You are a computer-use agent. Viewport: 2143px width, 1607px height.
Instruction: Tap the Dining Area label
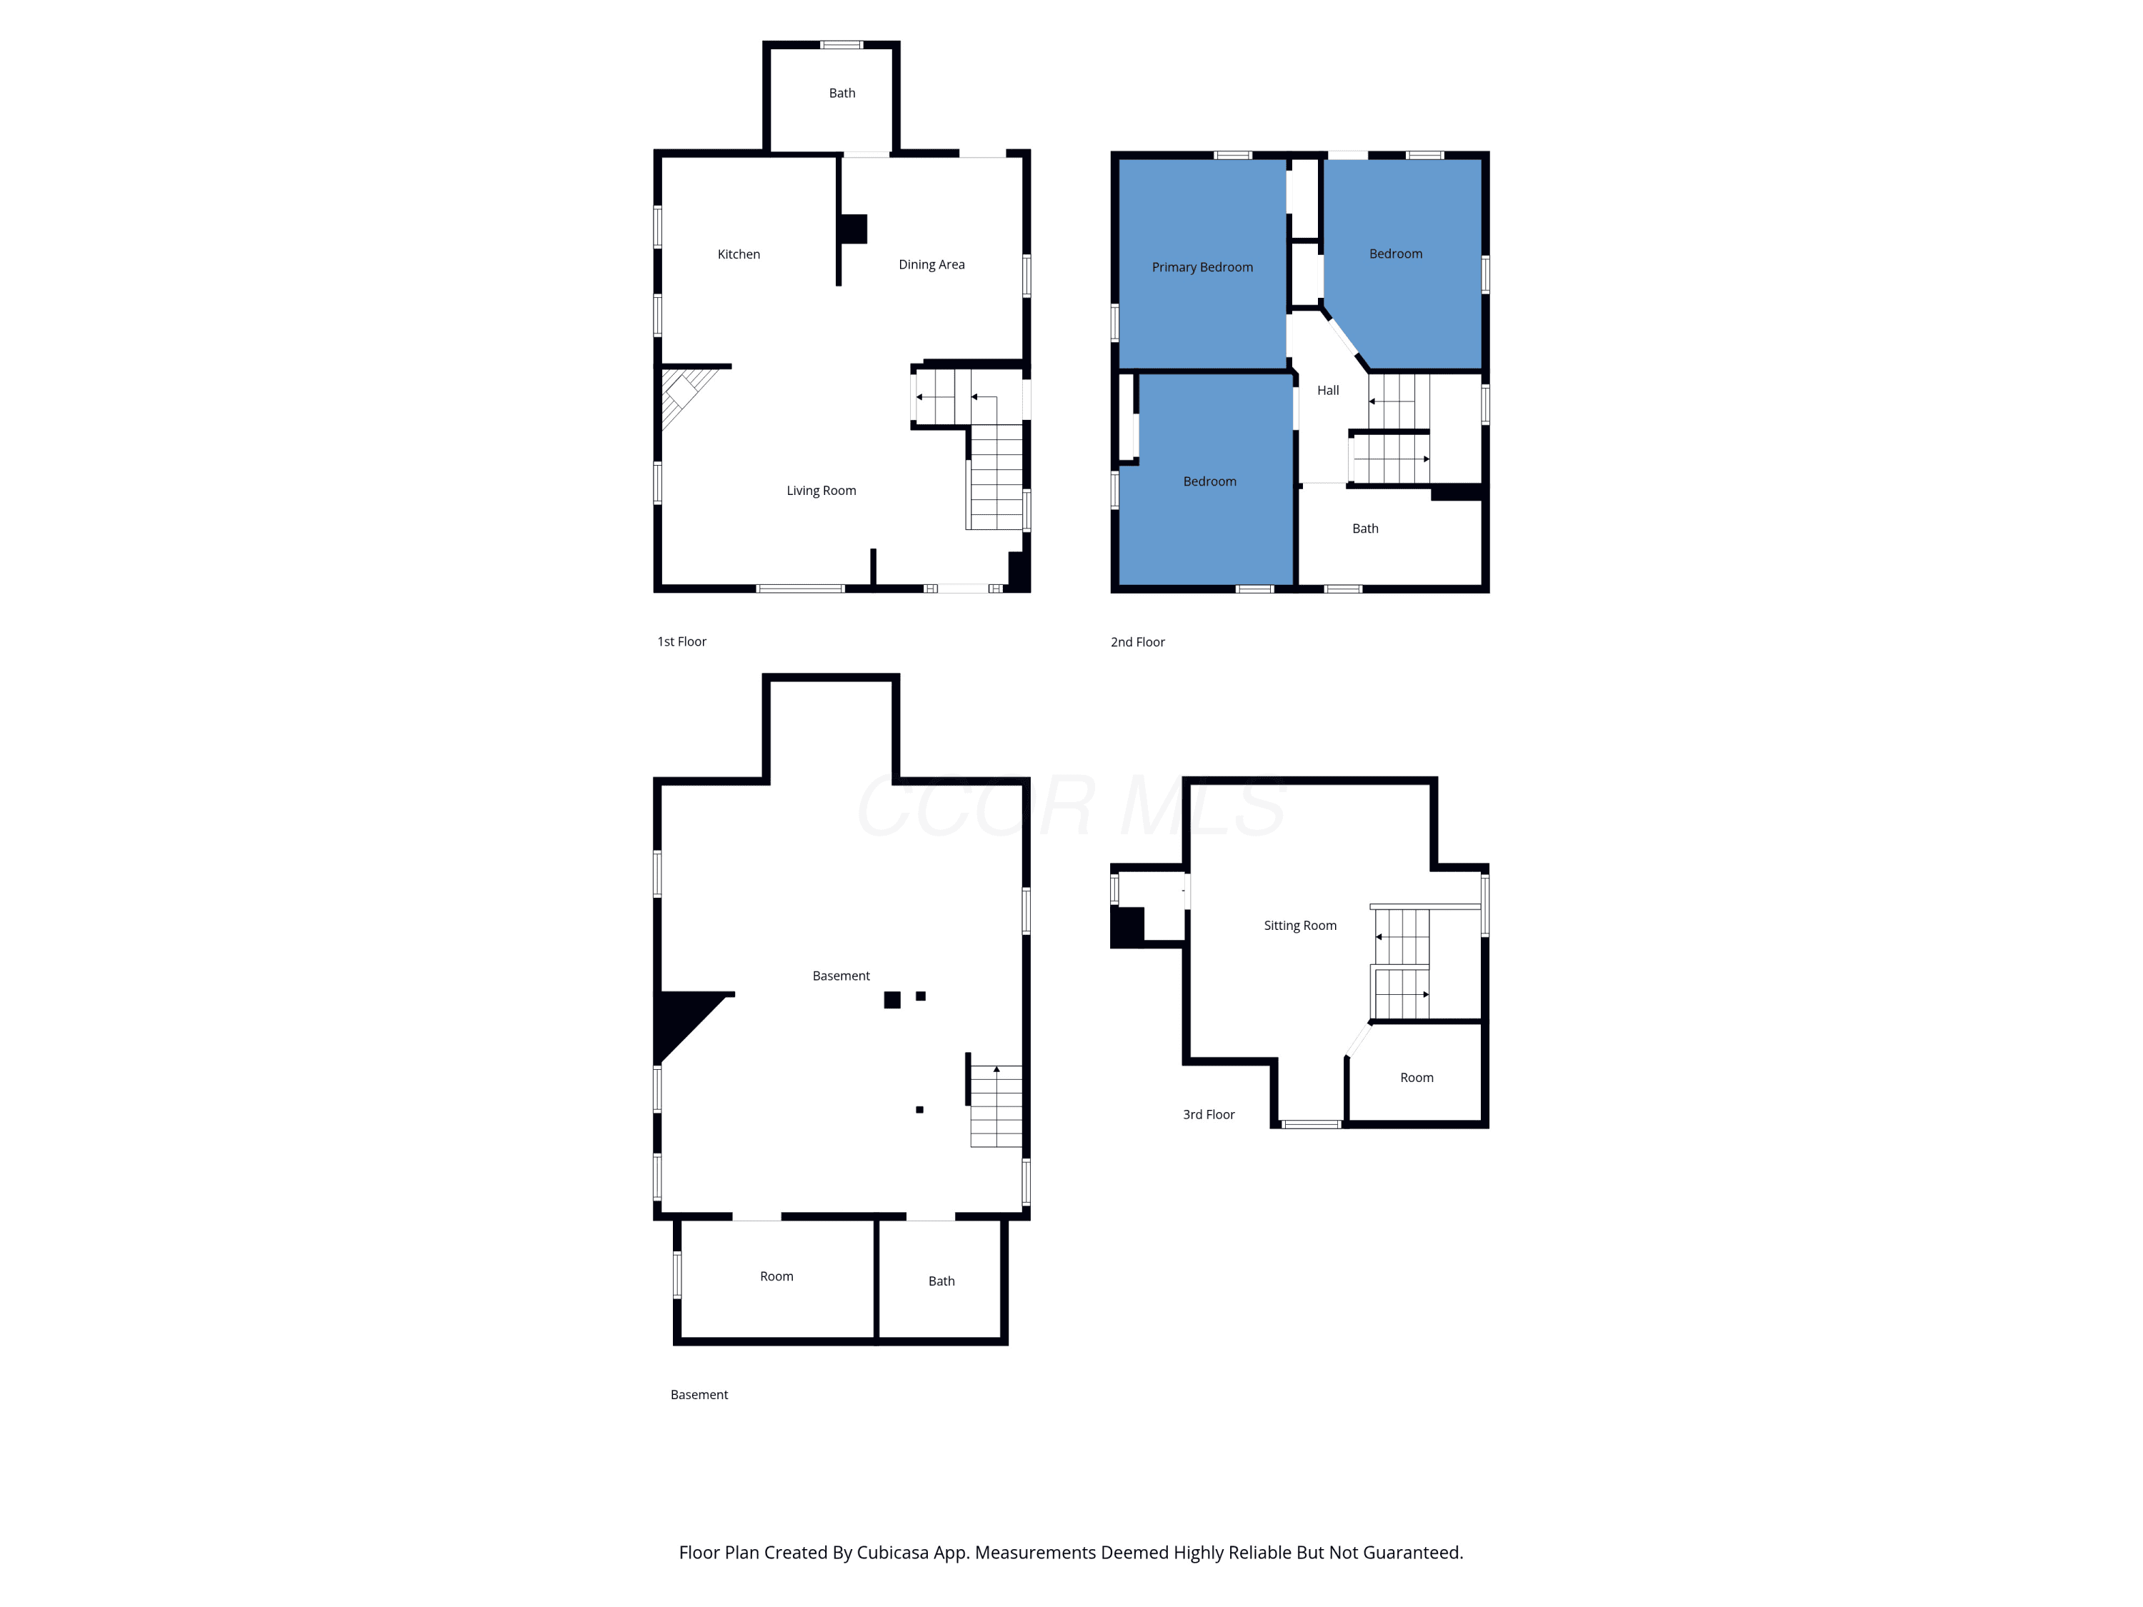pyautogui.click(x=931, y=264)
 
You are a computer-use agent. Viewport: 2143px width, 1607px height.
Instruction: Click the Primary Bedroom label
pyautogui.click(x=1202, y=267)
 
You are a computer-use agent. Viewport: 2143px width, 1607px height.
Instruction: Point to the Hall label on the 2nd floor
pyautogui.click(x=1327, y=391)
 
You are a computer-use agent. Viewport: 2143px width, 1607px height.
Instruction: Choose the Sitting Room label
pyautogui.click(x=1299, y=926)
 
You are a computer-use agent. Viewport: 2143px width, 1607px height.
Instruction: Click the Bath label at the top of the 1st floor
pyautogui.click(x=842, y=93)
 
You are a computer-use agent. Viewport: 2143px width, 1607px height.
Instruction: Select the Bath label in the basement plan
pyautogui.click(x=941, y=1281)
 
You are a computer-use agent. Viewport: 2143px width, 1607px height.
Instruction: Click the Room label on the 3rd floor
pyautogui.click(x=1417, y=1078)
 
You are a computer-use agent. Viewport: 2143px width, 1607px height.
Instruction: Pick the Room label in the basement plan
pyautogui.click(x=776, y=1277)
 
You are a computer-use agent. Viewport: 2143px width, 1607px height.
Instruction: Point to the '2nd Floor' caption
pyautogui.click(x=1137, y=642)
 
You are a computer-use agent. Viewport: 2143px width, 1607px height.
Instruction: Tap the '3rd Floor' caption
pyautogui.click(x=1208, y=1115)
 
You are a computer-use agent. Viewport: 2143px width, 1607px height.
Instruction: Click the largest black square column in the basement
pyautogui.click(x=892, y=1000)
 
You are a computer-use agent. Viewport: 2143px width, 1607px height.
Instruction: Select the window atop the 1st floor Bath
pyautogui.click(x=841, y=44)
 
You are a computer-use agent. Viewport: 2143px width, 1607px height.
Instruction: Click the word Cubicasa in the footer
pyautogui.click(x=892, y=1552)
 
